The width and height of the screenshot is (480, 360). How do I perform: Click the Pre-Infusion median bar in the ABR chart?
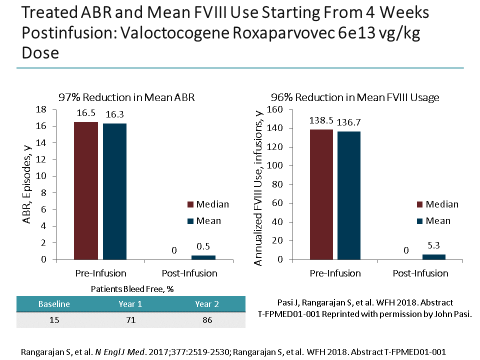coord(86,190)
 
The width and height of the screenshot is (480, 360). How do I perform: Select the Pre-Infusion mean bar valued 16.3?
coord(114,191)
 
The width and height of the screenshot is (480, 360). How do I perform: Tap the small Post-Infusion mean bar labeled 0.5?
coord(202,257)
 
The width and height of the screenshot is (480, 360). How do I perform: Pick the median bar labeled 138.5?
coord(321,194)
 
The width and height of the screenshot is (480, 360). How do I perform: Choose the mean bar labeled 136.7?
coord(348,195)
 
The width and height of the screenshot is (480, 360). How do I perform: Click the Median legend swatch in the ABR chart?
coord(190,204)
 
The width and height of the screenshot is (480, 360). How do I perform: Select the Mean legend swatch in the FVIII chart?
coord(420,221)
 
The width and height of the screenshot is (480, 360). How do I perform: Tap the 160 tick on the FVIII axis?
coord(277,109)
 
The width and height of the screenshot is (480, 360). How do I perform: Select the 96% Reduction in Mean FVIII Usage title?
coord(355,97)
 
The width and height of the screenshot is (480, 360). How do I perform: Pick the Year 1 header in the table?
coord(131,304)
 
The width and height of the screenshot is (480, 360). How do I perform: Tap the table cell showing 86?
coord(207,320)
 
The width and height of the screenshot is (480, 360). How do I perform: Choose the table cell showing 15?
coord(54,320)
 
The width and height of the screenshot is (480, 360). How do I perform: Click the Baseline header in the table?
coord(54,304)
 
